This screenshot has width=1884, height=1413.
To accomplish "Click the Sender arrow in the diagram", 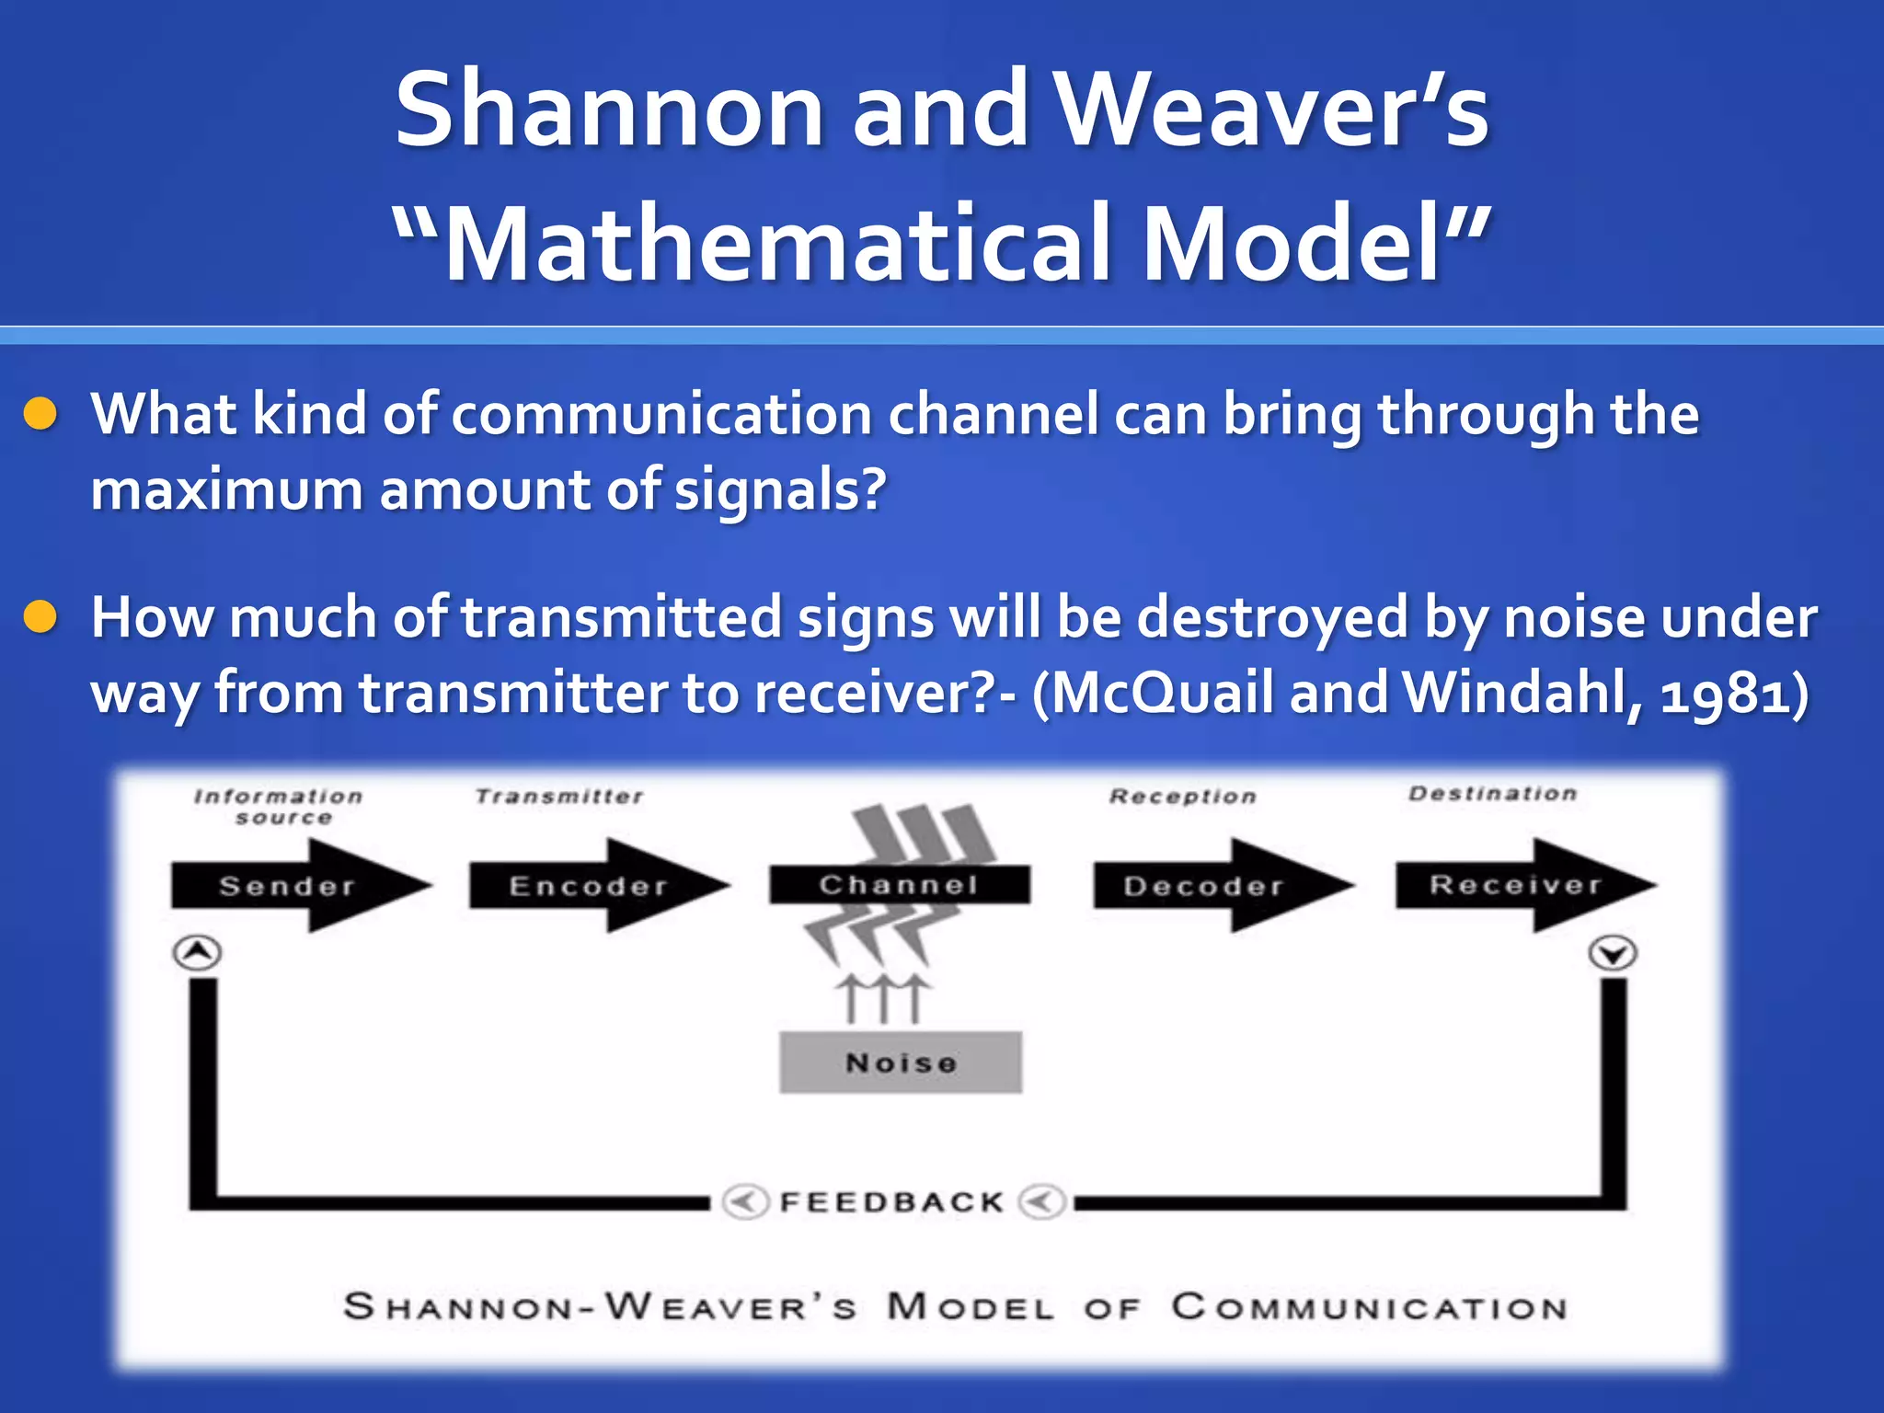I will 287,886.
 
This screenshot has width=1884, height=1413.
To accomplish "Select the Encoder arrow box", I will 589,886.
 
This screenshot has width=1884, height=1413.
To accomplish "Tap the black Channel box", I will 899,884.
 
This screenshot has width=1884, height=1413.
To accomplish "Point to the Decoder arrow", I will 1205,886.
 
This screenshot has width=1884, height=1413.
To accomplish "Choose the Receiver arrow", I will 1516,885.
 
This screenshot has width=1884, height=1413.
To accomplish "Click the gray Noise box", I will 901,1063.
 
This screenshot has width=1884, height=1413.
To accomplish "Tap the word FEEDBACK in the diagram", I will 891,1202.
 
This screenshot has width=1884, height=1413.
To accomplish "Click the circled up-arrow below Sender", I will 198,952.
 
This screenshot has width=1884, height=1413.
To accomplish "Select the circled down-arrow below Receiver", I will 1613,953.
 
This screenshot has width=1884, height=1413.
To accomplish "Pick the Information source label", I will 279,807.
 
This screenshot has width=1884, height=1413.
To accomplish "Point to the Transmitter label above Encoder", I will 559,797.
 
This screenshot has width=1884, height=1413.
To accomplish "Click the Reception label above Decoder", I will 1183,797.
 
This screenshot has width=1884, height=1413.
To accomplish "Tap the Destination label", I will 1492,794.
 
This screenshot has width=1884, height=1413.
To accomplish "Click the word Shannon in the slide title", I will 608,110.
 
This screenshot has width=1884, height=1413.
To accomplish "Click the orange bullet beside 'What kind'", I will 41,414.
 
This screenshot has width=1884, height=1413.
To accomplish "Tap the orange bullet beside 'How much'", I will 41,617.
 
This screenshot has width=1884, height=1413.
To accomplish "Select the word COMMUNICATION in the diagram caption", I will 1369,1307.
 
